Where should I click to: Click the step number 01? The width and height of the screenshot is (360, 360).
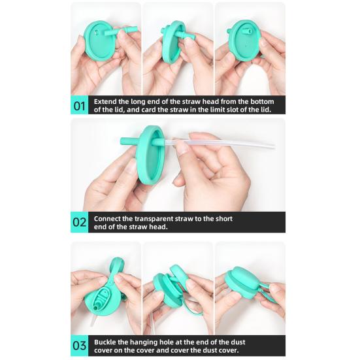(x=79, y=106)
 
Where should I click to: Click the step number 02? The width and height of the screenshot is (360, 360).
(x=80, y=222)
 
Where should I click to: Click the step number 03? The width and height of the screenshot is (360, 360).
(x=80, y=346)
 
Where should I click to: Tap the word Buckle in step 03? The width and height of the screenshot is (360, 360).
(x=105, y=342)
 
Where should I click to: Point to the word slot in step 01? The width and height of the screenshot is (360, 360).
(x=233, y=110)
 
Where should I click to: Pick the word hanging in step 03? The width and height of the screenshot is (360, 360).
(x=142, y=342)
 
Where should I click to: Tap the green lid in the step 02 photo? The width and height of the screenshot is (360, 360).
(x=150, y=155)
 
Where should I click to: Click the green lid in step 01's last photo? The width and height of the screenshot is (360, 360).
(x=244, y=41)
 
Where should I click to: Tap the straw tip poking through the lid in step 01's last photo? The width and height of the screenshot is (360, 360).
(x=246, y=31)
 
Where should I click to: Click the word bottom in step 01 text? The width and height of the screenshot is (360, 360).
(x=262, y=101)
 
